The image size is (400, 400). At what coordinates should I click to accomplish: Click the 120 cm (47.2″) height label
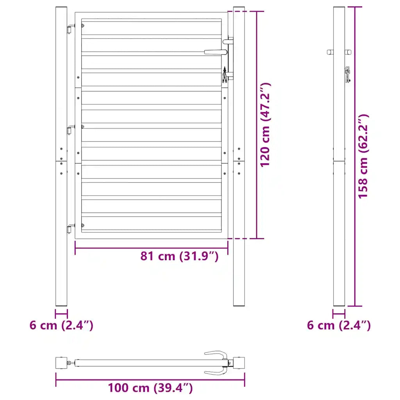[x=265, y=125]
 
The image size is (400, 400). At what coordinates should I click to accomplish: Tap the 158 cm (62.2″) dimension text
[x=363, y=156]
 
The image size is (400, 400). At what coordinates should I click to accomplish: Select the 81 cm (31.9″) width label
[x=179, y=256]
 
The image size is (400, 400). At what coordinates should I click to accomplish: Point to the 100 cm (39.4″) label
[x=150, y=388]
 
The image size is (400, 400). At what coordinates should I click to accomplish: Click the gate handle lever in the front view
[x=216, y=52]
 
